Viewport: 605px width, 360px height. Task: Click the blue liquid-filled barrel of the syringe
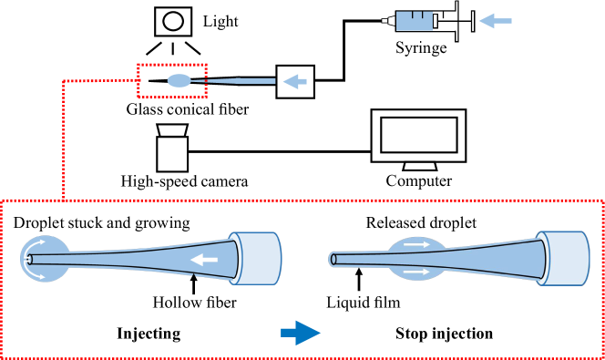coord(412,20)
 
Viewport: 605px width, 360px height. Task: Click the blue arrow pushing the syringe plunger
coord(495,20)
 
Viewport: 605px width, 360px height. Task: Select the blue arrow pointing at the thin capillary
coord(294,81)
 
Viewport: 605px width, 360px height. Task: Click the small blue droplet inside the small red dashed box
coord(179,81)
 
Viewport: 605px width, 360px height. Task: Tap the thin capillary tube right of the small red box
coord(241,81)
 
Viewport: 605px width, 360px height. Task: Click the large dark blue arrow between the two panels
coord(301,333)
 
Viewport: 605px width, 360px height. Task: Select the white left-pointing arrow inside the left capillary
coord(204,260)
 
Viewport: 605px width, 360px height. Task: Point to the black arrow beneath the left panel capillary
coord(193,280)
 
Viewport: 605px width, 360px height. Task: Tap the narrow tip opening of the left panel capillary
coord(29,259)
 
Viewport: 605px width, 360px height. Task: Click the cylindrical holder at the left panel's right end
coord(257,259)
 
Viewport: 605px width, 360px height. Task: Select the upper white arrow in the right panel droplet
coord(416,244)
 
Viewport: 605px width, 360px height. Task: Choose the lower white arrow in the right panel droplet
coord(416,272)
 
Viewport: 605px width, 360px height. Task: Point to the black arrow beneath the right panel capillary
coord(359,276)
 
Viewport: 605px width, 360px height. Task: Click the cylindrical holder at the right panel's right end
coord(565,259)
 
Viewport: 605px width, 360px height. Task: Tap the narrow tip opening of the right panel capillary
coord(333,259)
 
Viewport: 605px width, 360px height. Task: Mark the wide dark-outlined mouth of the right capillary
coord(545,259)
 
